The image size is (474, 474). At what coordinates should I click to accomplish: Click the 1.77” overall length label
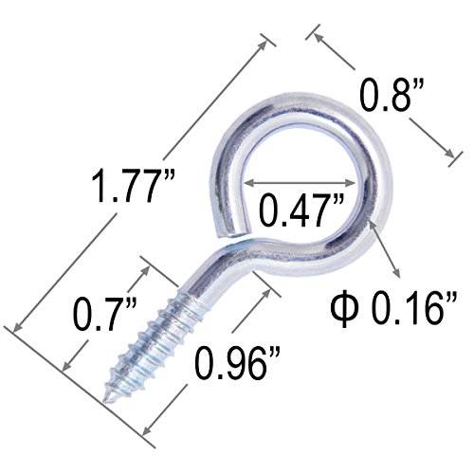click(x=133, y=186)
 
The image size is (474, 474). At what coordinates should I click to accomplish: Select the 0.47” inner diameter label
click(x=301, y=210)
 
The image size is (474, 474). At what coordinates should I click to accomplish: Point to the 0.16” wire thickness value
click(x=413, y=307)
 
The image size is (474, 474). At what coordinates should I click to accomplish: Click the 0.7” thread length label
click(x=104, y=315)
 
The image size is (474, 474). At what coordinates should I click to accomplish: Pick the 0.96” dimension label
click(x=237, y=362)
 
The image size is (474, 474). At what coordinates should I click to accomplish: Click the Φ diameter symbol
click(x=344, y=308)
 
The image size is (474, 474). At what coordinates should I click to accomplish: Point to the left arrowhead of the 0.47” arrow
click(x=249, y=183)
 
